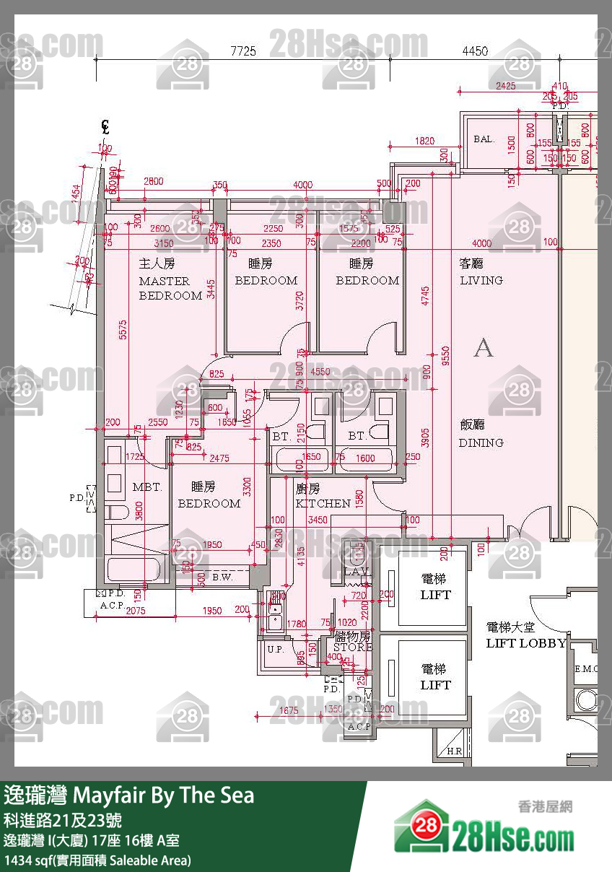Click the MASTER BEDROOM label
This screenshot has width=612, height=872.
(170, 288)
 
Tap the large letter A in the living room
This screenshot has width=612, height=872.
(484, 349)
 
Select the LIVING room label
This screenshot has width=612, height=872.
(481, 280)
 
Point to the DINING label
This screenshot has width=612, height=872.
(481, 442)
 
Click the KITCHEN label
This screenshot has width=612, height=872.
(323, 503)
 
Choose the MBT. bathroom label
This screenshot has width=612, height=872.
(147, 487)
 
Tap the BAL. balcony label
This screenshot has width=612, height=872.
(484, 139)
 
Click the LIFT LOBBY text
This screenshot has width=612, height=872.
(525, 643)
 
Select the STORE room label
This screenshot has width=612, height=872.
(352, 648)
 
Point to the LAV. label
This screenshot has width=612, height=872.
(357, 572)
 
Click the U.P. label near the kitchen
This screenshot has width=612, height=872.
(275, 649)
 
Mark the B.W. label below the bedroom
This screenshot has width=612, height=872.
(222, 577)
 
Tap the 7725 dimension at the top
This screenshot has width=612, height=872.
(243, 51)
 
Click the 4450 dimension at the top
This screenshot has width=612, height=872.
(474, 51)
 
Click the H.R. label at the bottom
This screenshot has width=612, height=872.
(455, 751)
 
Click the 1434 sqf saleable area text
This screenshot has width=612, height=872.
(97, 860)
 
